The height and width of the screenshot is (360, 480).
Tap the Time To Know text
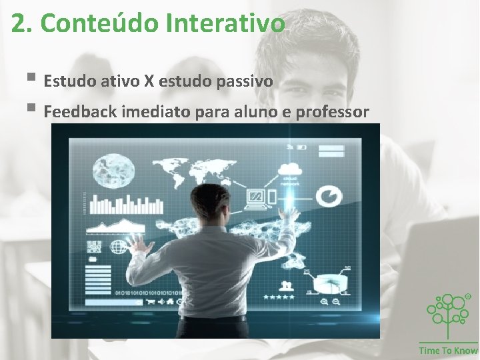tap(448, 351)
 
